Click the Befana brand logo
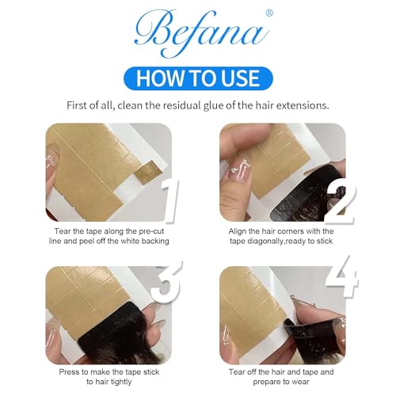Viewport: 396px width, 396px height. pyautogui.click(x=202, y=33)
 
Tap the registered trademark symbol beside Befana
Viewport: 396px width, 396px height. pyautogui.click(x=269, y=13)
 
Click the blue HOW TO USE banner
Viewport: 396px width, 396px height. pyautogui.click(x=198, y=78)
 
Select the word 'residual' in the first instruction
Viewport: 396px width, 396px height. pyautogui.click(x=181, y=105)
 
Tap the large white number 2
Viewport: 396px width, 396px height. pyautogui.click(x=341, y=201)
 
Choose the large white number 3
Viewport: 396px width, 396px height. pyautogui.click(x=166, y=281)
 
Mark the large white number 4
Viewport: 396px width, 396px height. pyautogui.click(x=342, y=276)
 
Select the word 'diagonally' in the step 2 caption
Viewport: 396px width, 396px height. pyautogui.click(x=265, y=242)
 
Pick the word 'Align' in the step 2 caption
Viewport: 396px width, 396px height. pyautogui.click(x=238, y=231)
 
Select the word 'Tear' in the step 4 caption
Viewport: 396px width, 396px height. pyautogui.click(x=236, y=372)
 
